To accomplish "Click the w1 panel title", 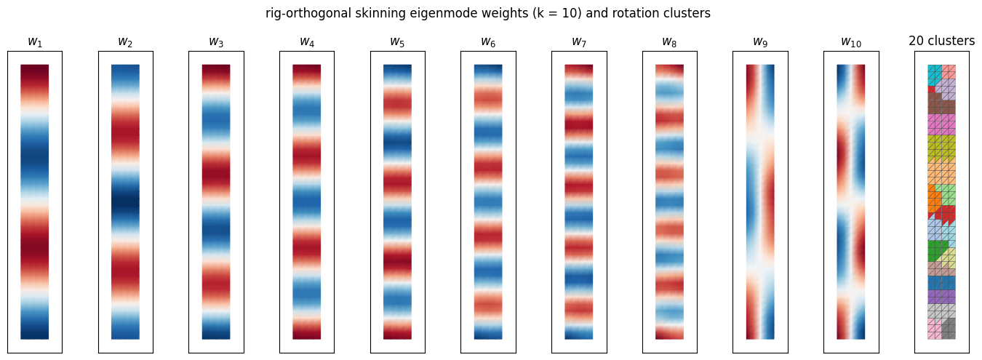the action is [35, 41].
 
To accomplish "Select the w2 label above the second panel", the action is [125, 41].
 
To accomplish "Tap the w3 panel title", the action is [216, 41].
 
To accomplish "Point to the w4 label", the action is [307, 41].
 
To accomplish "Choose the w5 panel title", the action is [397, 41].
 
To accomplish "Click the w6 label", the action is [488, 41].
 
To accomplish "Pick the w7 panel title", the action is [579, 41].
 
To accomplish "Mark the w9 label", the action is [760, 41].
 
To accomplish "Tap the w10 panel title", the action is [851, 41].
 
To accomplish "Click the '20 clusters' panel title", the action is [942, 41].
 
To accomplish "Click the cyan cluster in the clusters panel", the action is [933, 74].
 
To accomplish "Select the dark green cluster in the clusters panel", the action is [936, 250].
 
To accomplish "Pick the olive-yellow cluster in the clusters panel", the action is [941, 149].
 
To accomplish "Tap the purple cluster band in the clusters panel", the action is [941, 297].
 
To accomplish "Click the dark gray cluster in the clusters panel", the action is [949, 329].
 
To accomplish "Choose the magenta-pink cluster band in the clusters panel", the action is [941, 124].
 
